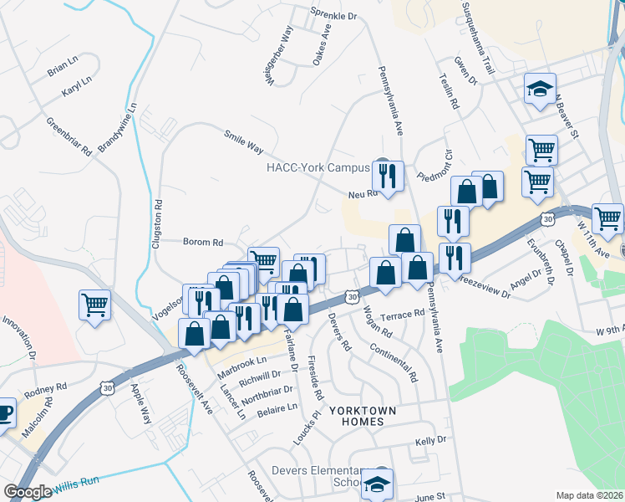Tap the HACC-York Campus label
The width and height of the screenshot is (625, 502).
coord(318,167)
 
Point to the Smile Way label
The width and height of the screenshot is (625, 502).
coord(243,142)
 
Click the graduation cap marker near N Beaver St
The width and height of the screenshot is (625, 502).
coord(541,88)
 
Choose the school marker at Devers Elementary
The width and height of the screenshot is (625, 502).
coord(378,484)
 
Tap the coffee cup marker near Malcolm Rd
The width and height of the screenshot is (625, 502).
coord(4,413)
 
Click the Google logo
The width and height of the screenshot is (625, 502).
coord(27,492)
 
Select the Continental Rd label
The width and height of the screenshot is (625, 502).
coord(393,363)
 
